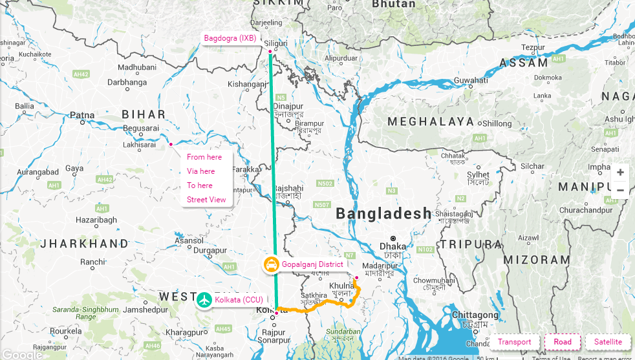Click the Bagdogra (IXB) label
click(230, 39)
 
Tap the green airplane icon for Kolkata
click(205, 300)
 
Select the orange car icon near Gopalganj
click(272, 264)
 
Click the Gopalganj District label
click(312, 264)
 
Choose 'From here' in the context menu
click(204, 157)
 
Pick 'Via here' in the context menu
click(201, 171)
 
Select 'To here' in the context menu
click(200, 185)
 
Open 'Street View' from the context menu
click(206, 200)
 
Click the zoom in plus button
click(620, 173)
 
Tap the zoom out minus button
click(620, 190)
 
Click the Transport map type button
click(514, 342)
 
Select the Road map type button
click(563, 342)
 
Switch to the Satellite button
click(608, 342)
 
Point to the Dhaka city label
click(393, 246)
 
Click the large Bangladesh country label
click(383, 214)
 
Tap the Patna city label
click(82, 116)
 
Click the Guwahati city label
click(471, 80)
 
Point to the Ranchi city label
click(92, 262)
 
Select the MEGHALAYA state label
click(431, 122)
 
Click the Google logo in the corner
click(21, 354)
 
